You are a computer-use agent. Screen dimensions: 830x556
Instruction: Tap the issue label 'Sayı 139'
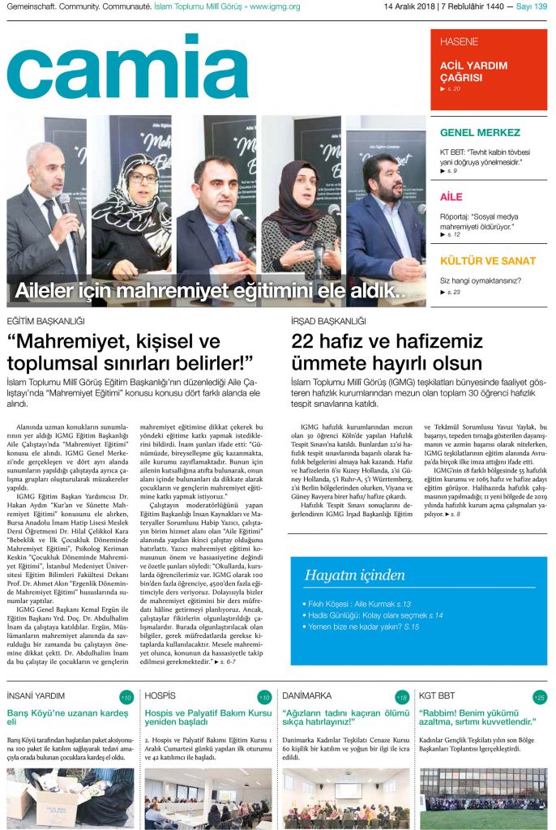[x=532, y=7]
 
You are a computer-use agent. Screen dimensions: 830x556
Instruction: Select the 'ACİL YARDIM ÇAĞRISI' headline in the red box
[x=473, y=71]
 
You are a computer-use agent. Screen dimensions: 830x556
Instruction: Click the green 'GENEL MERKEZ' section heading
[x=480, y=132]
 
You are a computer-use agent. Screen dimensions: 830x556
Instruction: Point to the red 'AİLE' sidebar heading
[x=451, y=197]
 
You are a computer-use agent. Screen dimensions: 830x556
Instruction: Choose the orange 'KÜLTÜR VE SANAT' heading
[x=487, y=261]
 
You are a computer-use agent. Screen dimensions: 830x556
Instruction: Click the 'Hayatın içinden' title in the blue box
[x=354, y=575]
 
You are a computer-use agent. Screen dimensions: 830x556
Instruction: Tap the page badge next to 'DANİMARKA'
[x=402, y=697]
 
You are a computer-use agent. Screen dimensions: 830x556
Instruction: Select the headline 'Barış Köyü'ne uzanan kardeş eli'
[x=67, y=717]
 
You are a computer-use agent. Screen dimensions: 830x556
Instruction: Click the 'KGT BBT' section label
[x=437, y=696]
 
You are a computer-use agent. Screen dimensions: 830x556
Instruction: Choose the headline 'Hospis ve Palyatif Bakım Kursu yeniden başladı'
[x=207, y=717]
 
